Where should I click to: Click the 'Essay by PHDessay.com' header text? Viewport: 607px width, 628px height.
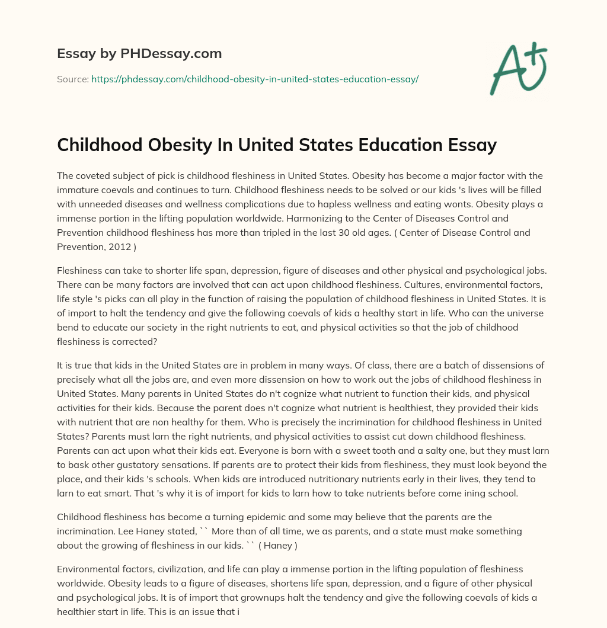pyautogui.click(x=139, y=54)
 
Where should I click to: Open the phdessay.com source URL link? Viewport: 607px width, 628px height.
pyautogui.click(x=255, y=79)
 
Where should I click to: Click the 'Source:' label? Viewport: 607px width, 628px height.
pyautogui.click(x=72, y=79)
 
